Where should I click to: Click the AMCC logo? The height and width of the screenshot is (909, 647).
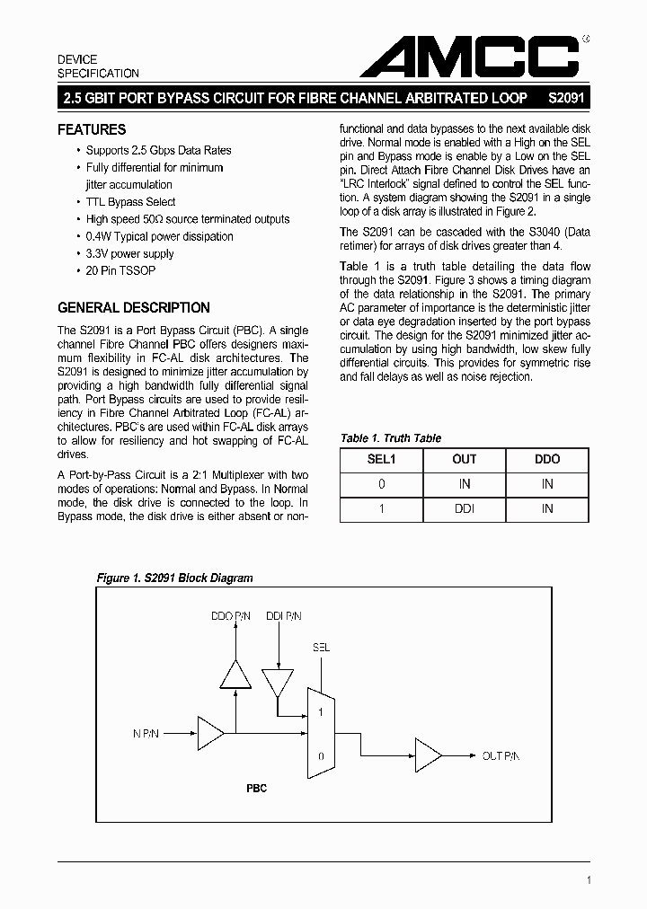[x=469, y=57]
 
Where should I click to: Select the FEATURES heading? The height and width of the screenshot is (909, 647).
[x=92, y=129]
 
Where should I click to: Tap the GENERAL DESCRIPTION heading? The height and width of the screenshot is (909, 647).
[x=134, y=307]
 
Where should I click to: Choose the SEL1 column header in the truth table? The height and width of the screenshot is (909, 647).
[x=381, y=459]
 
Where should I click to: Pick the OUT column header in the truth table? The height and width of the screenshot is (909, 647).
[x=464, y=459]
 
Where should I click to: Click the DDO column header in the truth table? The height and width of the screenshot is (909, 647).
[x=546, y=459]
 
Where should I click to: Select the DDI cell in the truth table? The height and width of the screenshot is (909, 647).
[x=464, y=509]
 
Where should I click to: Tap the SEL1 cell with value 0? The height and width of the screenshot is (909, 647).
[x=381, y=484]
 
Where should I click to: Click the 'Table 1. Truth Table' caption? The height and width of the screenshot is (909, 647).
[x=391, y=438]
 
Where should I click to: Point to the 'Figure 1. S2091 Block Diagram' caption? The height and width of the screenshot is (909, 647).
[x=174, y=578]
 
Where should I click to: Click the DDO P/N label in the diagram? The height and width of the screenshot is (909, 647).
[x=231, y=616]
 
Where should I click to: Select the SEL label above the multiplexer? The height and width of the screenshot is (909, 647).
[x=321, y=647]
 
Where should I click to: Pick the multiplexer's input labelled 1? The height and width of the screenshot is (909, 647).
[x=320, y=710]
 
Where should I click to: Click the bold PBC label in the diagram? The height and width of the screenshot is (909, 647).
[x=256, y=789]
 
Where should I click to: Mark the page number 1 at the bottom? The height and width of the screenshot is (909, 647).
[x=588, y=880]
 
